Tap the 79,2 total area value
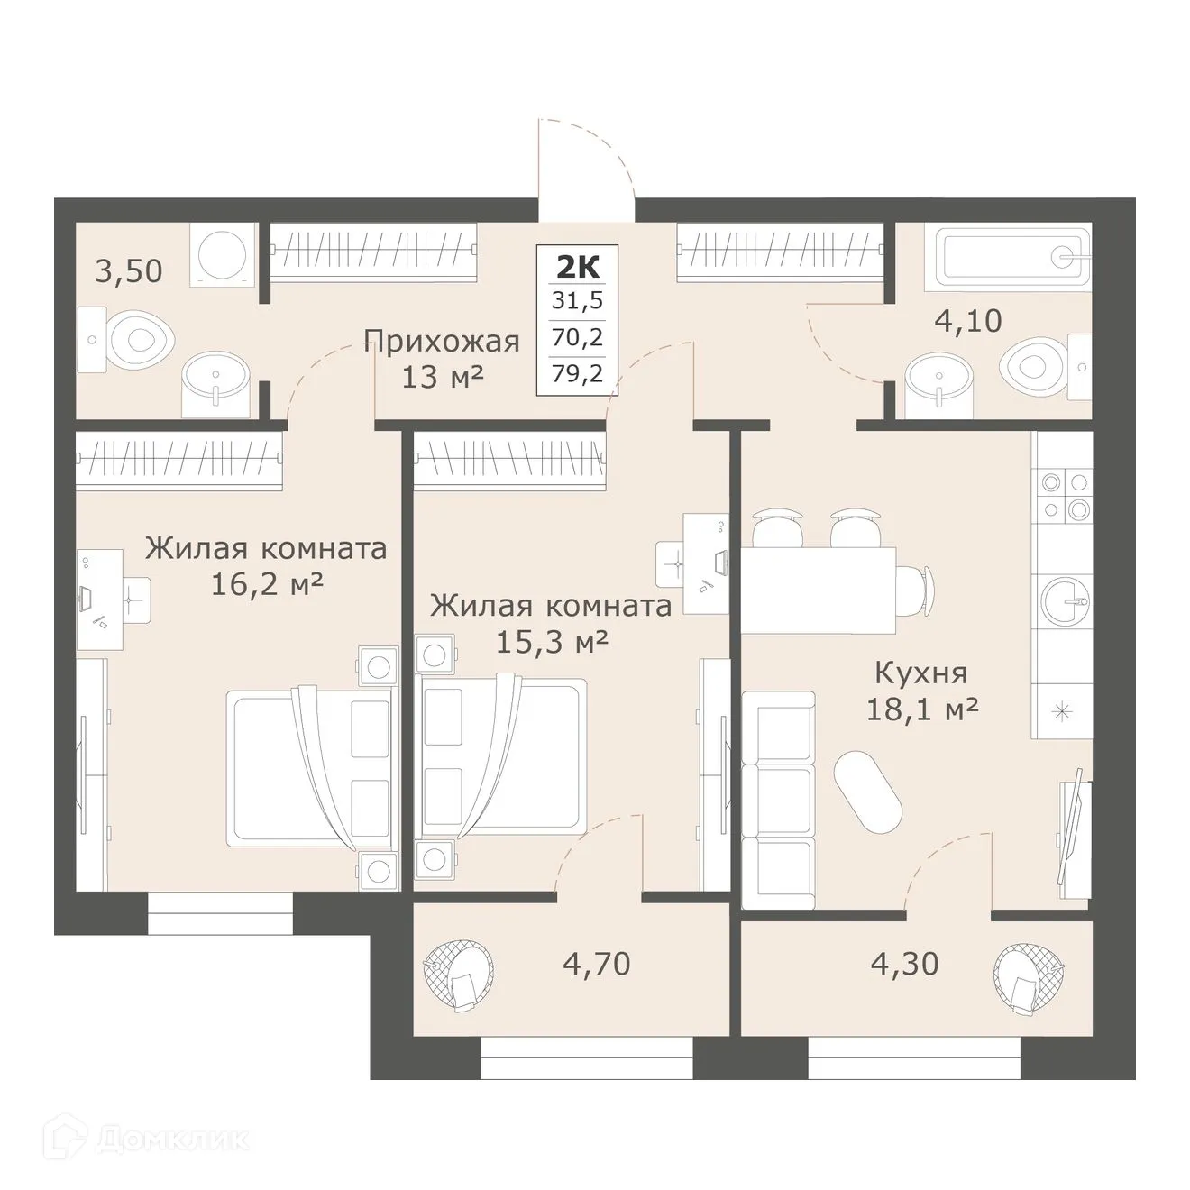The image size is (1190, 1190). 577,372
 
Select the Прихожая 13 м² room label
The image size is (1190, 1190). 442,358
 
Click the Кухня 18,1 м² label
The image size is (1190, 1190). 921,691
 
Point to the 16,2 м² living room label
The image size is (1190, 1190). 266,566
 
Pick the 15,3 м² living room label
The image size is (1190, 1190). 551,623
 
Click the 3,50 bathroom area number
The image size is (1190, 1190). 129,270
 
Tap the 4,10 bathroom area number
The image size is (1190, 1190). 967,320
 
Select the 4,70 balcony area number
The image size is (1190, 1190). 596,964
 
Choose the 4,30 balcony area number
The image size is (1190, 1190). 904,964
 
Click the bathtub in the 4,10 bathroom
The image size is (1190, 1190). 1012,256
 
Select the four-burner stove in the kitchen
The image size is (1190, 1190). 1064,496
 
